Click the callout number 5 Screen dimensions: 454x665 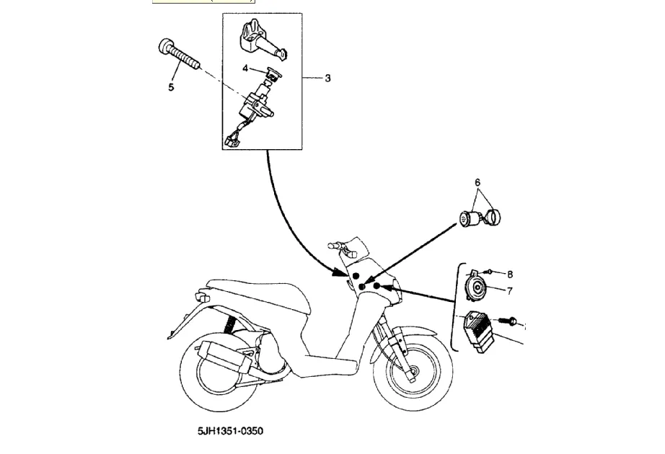(171, 88)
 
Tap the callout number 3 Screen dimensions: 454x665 (327, 78)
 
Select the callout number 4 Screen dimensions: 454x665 (245, 68)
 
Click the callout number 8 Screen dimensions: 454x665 (509, 275)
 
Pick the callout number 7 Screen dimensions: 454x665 (509, 291)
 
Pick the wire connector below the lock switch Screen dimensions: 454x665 (233, 140)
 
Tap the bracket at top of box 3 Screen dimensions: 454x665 (256, 36)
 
